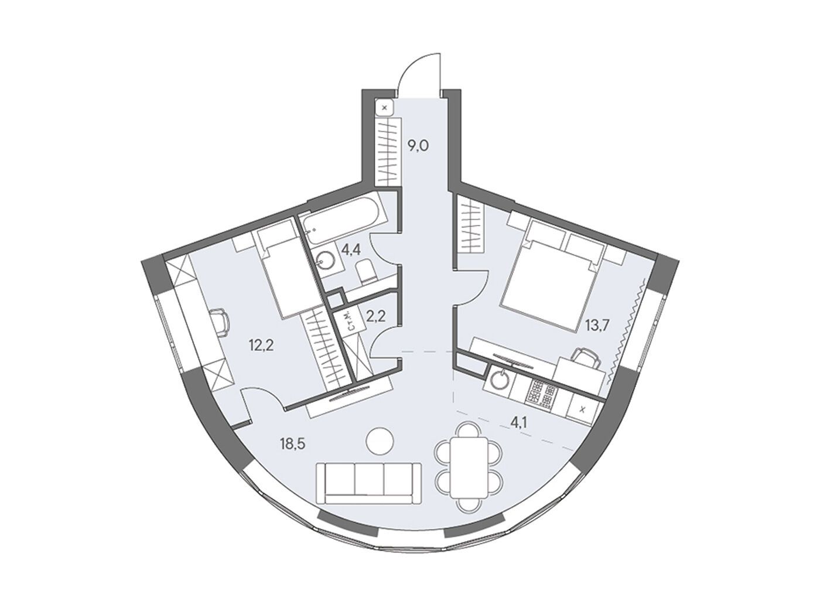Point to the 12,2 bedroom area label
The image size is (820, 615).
pyautogui.click(x=261, y=345)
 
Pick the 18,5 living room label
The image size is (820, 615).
pyautogui.click(x=292, y=444)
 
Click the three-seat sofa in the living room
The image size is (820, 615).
pyautogui.click(x=369, y=484)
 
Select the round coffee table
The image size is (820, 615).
pyautogui.click(x=380, y=442)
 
